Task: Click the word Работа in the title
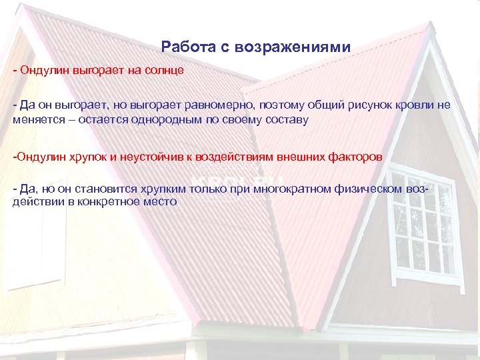click(182, 47)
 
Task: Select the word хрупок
click(88, 157)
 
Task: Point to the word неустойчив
click(147, 157)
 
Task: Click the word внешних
click(295, 157)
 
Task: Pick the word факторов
click(355, 157)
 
